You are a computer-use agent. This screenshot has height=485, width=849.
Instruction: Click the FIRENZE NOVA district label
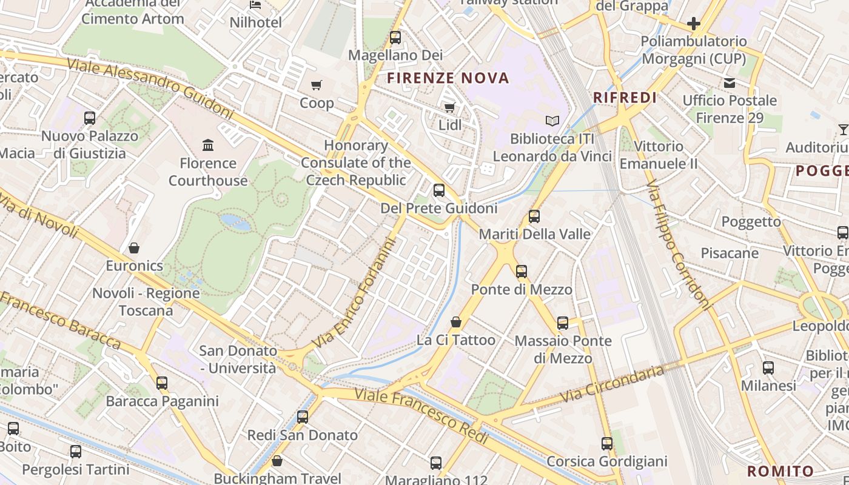(x=448, y=78)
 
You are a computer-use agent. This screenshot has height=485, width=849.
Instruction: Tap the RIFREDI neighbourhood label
(x=625, y=98)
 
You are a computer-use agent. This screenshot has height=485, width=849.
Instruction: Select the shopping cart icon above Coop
(x=316, y=85)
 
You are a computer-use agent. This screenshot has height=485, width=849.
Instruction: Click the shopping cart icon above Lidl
(x=449, y=107)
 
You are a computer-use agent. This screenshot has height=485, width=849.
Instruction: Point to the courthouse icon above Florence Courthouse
(x=208, y=145)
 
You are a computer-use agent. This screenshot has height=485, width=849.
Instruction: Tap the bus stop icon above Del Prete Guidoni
(x=439, y=190)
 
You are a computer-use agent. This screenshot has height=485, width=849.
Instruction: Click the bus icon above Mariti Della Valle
(x=534, y=216)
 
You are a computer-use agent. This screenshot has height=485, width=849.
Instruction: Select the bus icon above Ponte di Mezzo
(x=522, y=271)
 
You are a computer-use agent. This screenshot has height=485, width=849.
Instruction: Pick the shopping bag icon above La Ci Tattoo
(x=456, y=322)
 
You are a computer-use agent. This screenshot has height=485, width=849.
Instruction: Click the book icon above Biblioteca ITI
(x=552, y=121)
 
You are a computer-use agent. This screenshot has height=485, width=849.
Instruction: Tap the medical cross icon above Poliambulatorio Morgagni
(x=694, y=24)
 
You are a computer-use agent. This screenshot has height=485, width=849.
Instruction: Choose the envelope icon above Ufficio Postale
(x=729, y=82)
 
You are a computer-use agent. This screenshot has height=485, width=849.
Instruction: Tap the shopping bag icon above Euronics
(x=134, y=248)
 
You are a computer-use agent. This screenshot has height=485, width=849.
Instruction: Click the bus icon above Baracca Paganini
(x=162, y=383)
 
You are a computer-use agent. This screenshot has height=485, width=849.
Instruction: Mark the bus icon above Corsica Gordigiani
(x=607, y=444)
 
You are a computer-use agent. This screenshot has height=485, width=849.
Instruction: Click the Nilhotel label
(x=255, y=23)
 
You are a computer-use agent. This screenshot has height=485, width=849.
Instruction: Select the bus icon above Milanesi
(x=768, y=367)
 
